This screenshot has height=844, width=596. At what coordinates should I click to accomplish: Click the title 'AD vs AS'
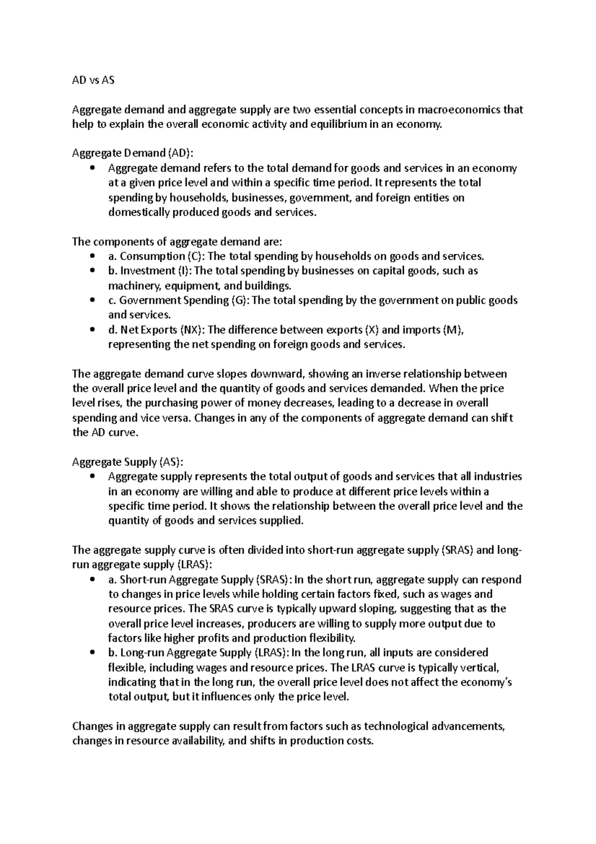[x=93, y=80]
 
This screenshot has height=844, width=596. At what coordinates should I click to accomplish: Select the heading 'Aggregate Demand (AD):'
[x=130, y=154]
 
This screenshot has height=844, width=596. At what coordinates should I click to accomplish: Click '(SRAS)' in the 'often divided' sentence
[x=457, y=550]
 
